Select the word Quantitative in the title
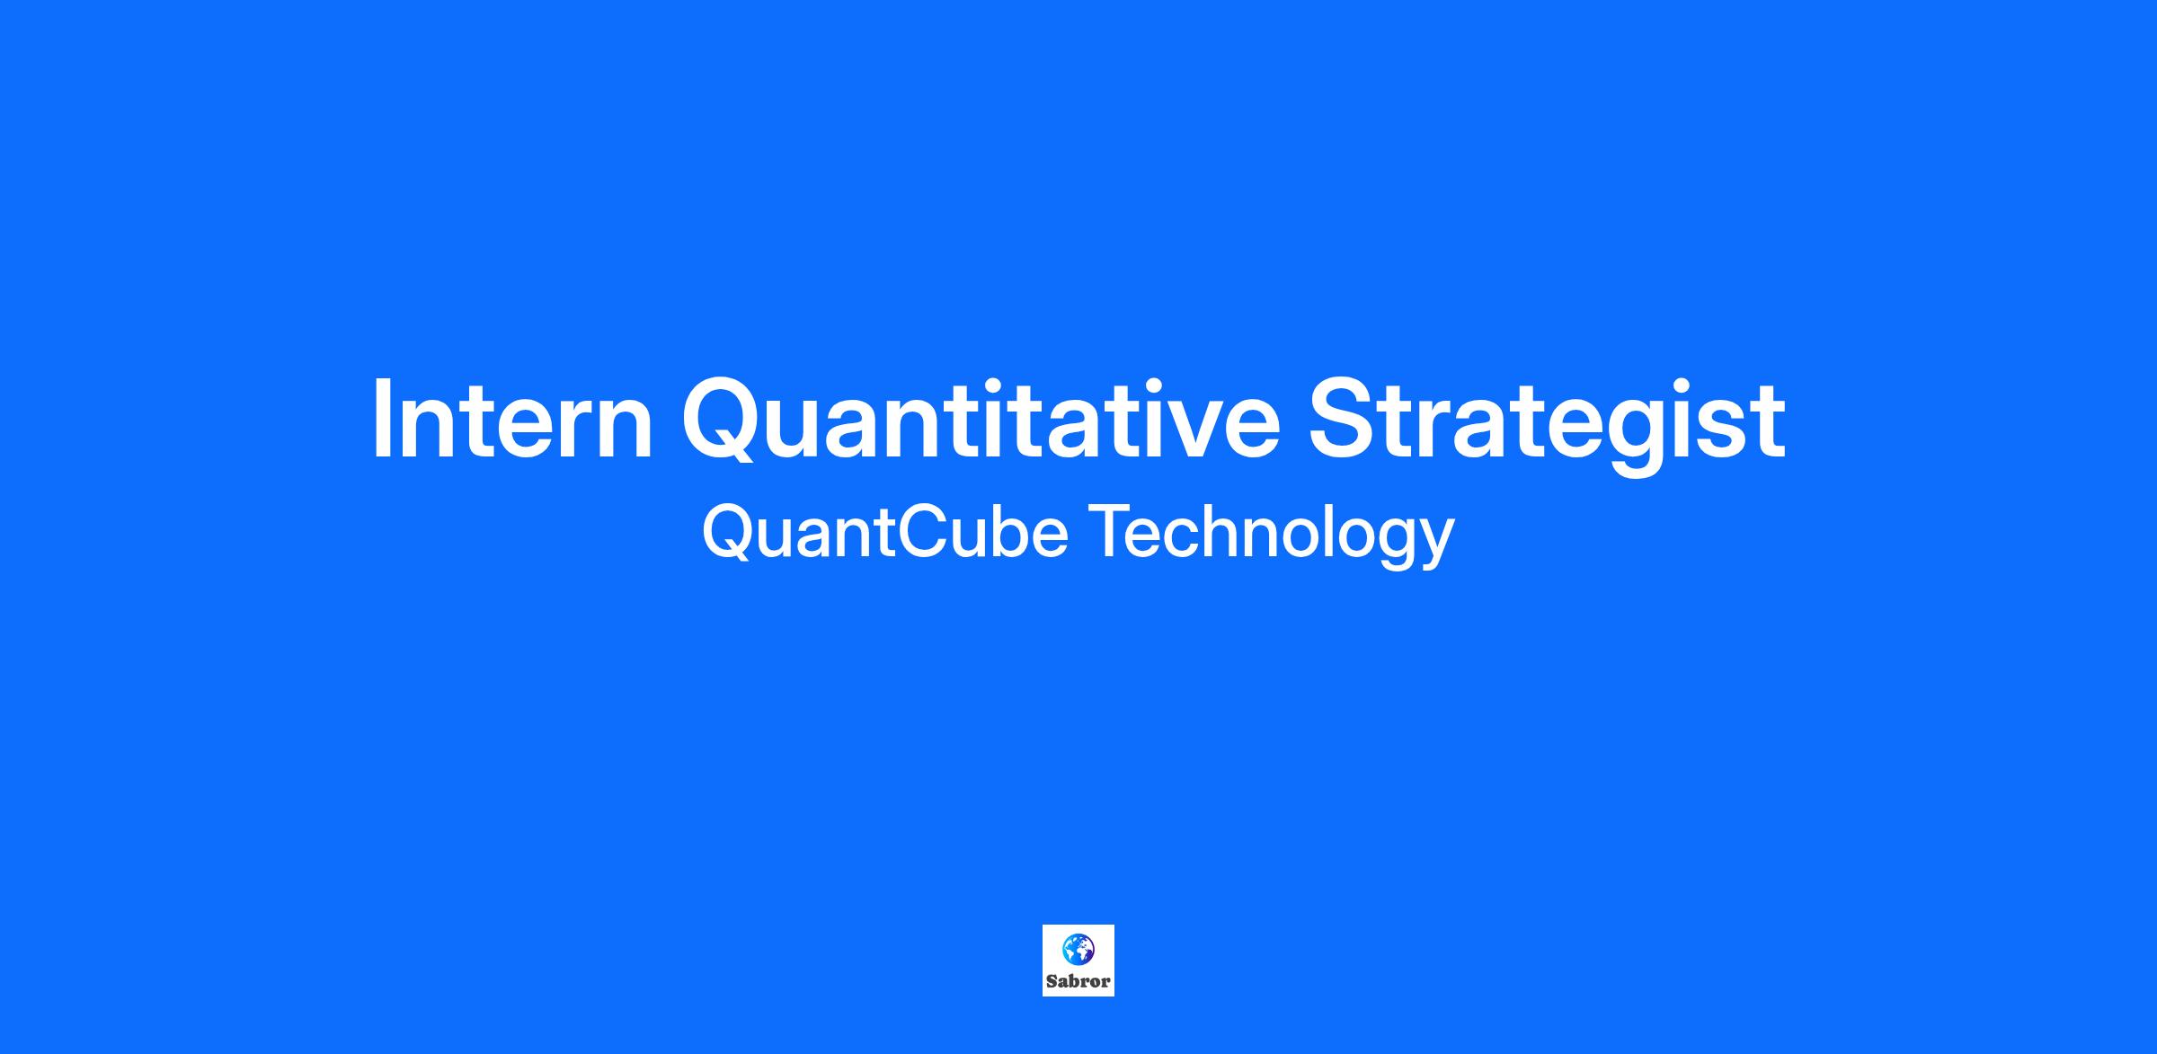click(981, 421)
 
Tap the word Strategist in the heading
click(1546, 425)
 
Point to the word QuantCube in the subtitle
click(884, 532)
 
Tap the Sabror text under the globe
click(1078, 981)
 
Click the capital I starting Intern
click(381, 419)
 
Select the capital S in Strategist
click(1343, 419)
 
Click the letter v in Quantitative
click(1176, 430)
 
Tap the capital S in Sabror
click(1052, 981)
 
